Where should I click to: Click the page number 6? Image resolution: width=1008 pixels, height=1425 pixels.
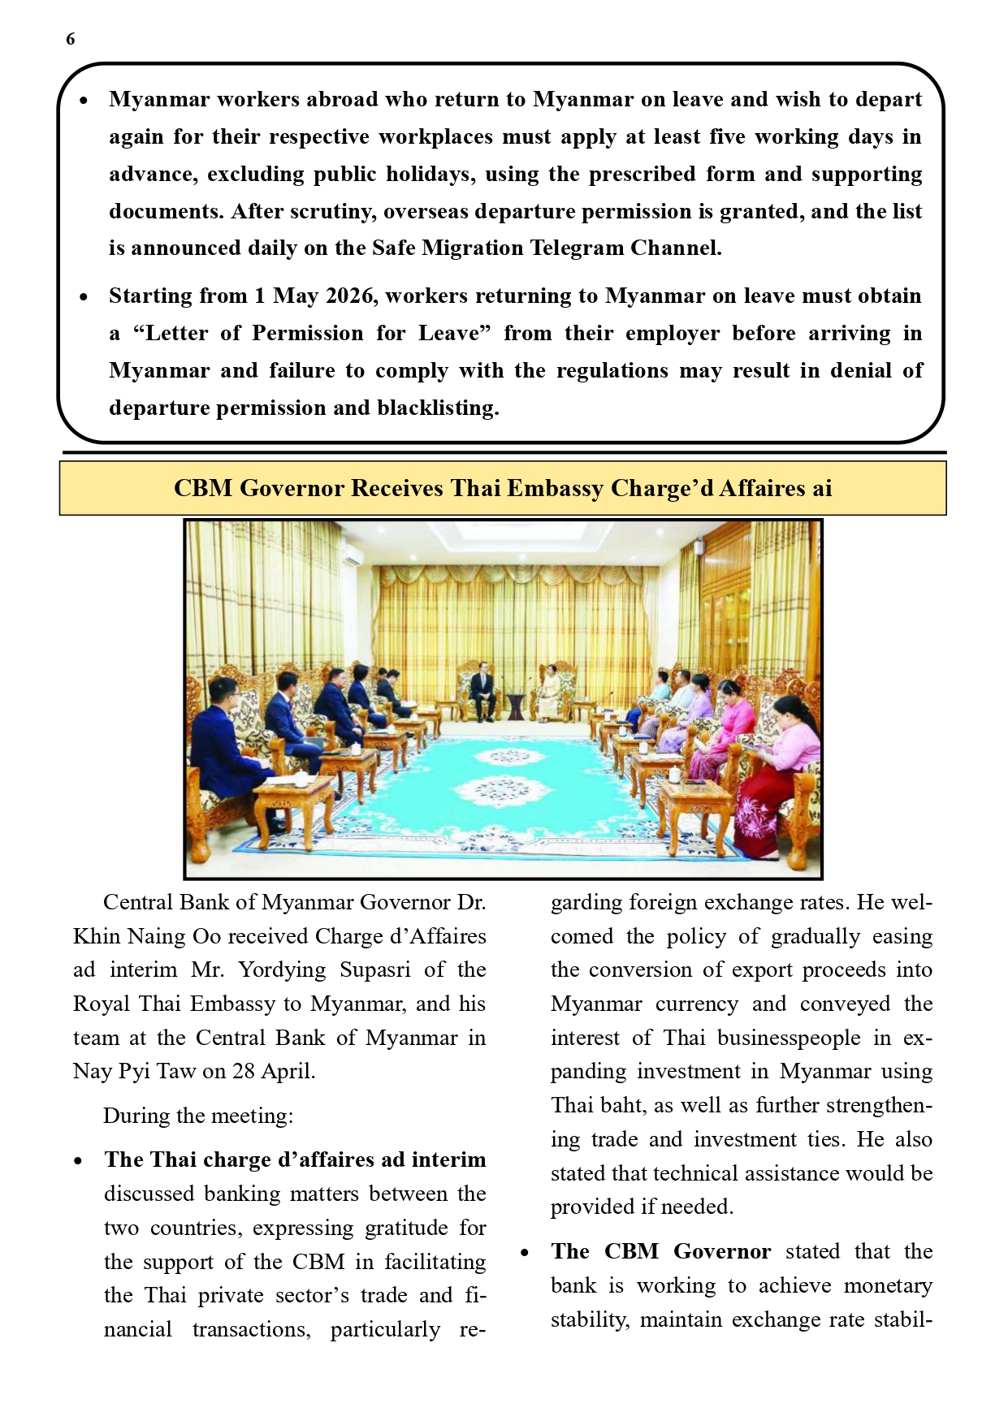click(x=71, y=39)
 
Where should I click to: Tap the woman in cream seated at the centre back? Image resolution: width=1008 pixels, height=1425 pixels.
click(x=550, y=694)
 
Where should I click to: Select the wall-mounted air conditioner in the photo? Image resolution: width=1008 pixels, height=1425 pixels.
click(x=352, y=556)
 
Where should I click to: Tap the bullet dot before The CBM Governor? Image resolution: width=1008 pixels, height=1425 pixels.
click(x=526, y=1253)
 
